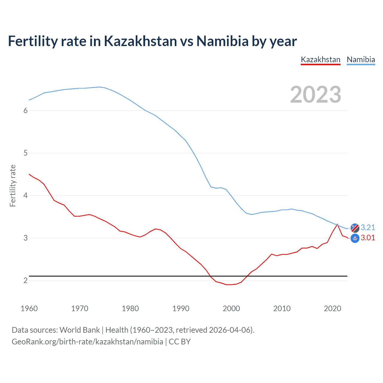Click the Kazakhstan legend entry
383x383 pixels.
(x=320, y=60)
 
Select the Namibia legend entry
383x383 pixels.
(x=361, y=60)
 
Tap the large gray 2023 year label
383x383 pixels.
(x=316, y=95)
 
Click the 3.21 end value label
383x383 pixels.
(x=368, y=227)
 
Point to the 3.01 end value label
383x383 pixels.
(x=368, y=238)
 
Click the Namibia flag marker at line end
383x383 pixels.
(x=355, y=228)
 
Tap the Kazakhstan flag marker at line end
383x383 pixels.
(x=355, y=238)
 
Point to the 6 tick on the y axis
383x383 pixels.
(x=25, y=110)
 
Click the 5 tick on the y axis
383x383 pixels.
(x=25, y=153)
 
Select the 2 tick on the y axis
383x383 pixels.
(x=25, y=280)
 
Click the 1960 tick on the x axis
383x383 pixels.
(x=29, y=308)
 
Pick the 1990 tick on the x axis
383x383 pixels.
(x=181, y=308)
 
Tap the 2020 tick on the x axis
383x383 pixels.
(x=332, y=308)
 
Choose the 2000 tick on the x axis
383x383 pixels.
(x=231, y=308)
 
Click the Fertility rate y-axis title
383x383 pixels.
(x=13, y=186)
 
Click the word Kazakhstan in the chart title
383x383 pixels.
(x=140, y=41)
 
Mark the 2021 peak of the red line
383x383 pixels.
(x=337, y=224)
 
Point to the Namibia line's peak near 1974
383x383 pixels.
(x=99, y=87)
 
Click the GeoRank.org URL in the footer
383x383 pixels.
(x=87, y=342)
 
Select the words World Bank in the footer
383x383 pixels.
(x=80, y=330)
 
